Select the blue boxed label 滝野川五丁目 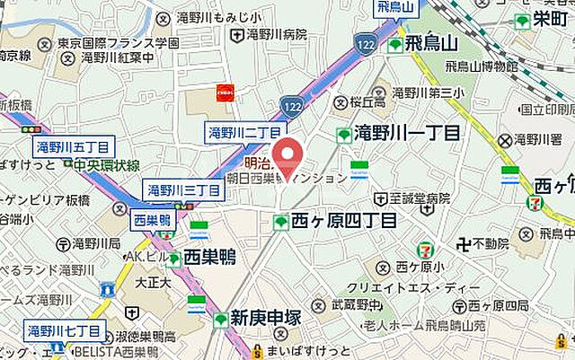73,147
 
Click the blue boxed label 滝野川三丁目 184,190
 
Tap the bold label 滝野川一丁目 407,133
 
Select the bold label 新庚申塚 269,318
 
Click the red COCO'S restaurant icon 227,91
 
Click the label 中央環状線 108,165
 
